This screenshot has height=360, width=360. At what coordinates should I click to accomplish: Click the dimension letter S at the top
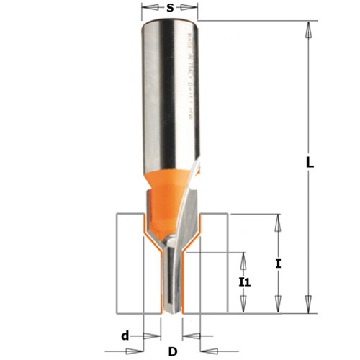[x=170, y=9]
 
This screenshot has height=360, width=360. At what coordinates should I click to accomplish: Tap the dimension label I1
[x=245, y=282]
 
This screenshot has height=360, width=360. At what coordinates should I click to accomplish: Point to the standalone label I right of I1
[x=278, y=264]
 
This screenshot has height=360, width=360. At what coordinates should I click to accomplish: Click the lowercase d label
[x=125, y=335]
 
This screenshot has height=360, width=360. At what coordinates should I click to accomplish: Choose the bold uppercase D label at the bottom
[x=171, y=351]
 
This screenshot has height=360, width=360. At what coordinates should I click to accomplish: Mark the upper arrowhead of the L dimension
[x=309, y=29]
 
